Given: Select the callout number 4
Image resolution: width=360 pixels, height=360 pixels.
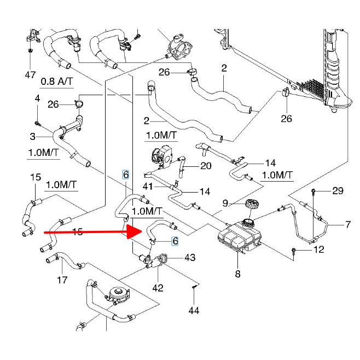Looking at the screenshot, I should [37, 98].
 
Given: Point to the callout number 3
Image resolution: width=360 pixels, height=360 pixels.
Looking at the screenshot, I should [32, 136].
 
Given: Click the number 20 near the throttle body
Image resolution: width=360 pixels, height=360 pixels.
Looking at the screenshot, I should [206, 166].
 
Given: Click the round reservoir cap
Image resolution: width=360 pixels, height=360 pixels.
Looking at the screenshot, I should [252, 206].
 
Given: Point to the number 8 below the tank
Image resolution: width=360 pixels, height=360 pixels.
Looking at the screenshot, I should [237, 274].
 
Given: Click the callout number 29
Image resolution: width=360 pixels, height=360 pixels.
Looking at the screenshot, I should [338, 190].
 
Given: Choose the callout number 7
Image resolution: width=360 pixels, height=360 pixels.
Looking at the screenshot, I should [346, 224].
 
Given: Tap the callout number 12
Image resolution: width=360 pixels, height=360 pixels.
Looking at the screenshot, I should [319, 250].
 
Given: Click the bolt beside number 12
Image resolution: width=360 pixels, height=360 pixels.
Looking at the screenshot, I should [295, 251].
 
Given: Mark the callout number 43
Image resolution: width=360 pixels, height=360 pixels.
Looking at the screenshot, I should [190, 257].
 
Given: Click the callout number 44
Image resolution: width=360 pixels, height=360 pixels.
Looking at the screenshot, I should [194, 311].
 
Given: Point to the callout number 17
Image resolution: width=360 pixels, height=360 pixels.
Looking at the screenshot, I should [62, 280].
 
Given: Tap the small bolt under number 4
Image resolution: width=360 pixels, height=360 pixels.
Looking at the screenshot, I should [37, 121].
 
